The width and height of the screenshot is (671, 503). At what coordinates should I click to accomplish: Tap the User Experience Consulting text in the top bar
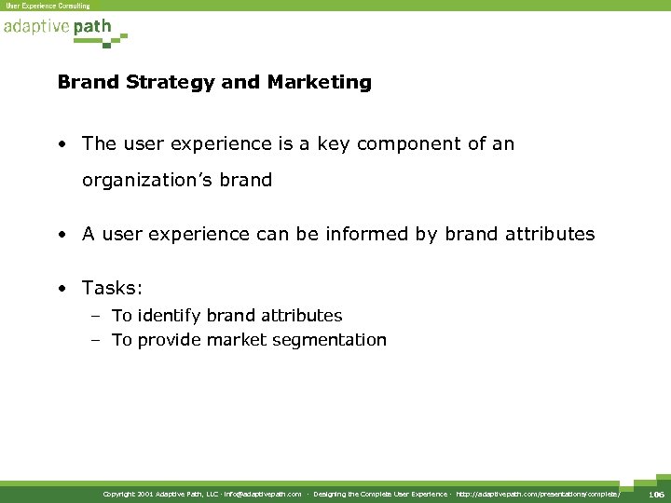[x=48, y=6]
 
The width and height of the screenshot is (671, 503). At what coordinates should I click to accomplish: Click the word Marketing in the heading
[x=319, y=82]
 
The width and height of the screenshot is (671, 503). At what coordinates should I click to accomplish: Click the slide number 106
[x=655, y=493]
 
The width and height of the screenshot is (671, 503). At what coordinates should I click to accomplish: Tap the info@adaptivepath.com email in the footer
[x=263, y=494]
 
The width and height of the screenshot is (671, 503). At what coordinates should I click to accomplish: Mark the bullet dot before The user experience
[x=62, y=145]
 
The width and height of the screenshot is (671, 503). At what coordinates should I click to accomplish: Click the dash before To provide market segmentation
[x=95, y=340]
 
